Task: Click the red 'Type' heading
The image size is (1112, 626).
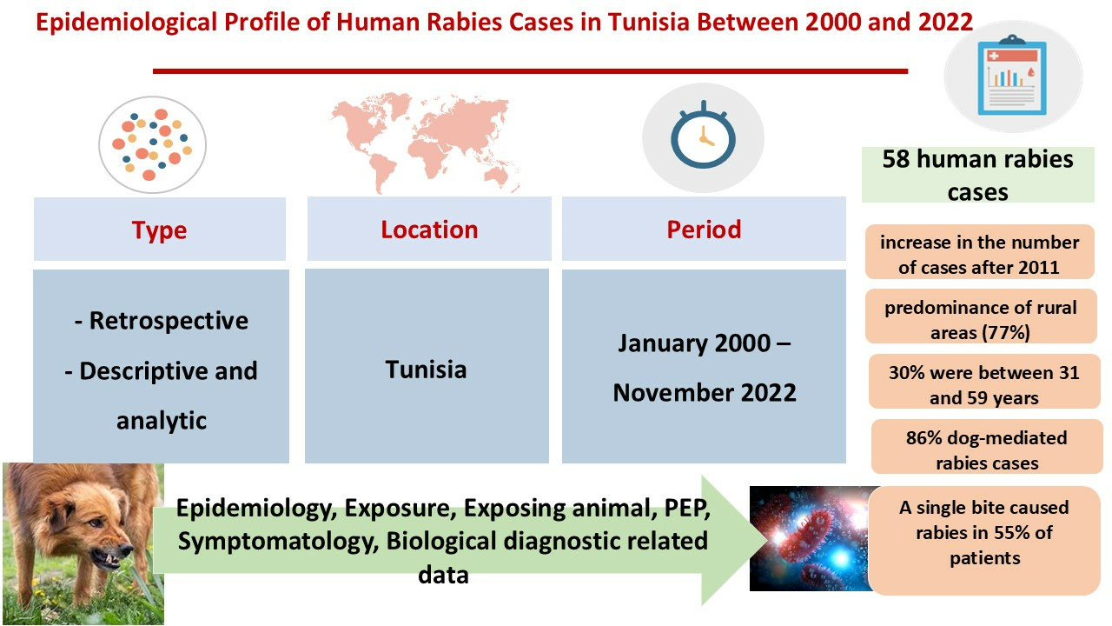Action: (159, 230)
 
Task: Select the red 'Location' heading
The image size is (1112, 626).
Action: (429, 230)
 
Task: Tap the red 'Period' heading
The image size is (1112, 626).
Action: (704, 230)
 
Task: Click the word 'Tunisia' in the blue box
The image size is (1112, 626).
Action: (426, 370)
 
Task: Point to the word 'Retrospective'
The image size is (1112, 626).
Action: (169, 321)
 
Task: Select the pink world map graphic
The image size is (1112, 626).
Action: (426, 142)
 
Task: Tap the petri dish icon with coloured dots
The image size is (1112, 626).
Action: (152, 144)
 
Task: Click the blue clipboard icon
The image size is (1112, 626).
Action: (1012, 75)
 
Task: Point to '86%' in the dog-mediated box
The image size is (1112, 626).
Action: (923, 438)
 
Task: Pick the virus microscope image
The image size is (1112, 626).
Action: (811, 538)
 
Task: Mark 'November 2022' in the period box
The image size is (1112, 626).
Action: (705, 392)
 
